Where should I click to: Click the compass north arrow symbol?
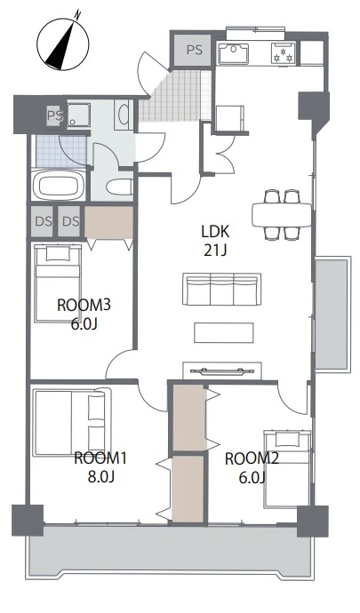(62, 42)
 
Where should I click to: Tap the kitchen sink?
(234, 53)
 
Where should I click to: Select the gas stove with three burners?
(284, 53)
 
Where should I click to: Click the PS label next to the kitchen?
(195, 50)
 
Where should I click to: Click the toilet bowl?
(119, 187)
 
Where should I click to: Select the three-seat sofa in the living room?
(222, 289)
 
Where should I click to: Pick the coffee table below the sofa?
(223, 332)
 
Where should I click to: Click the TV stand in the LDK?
(222, 370)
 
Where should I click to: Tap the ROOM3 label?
(84, 305)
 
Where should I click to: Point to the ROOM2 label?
(252, 458)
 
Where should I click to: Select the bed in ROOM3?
(58, 283)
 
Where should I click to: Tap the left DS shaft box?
(43, 221)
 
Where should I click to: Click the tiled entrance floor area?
(175, 96)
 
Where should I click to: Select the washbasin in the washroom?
(124, 115)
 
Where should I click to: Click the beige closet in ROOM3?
(109, 222)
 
